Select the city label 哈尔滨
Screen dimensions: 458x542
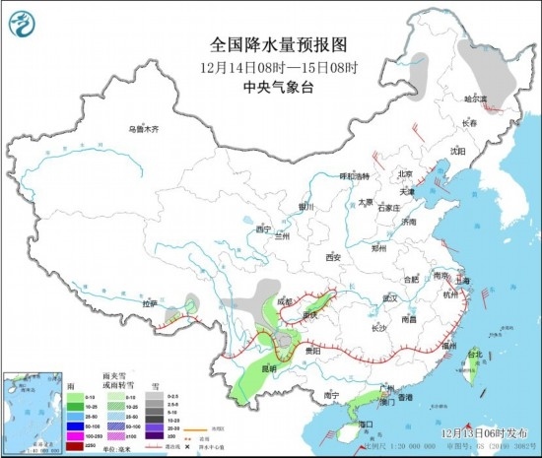point(476,98)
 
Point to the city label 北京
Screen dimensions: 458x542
point(402,173)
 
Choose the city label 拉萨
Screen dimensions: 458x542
point(150,304)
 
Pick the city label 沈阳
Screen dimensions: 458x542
point(456,151)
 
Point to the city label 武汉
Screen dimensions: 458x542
point(389,296)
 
